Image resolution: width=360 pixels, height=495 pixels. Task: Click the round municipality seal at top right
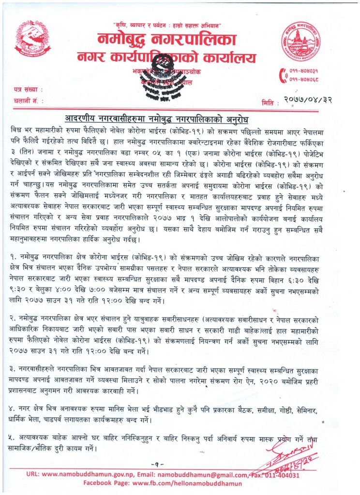click(300, 41)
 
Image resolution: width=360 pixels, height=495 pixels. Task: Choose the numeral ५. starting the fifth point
click(12, 437)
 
